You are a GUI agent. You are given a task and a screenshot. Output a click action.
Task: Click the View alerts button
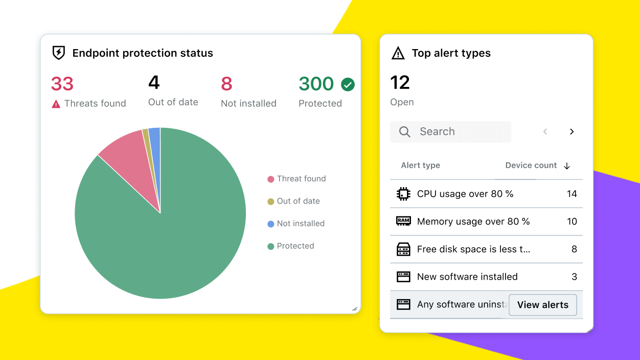click(x=542, y=305)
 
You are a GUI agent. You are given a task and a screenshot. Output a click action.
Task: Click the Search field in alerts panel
click(x=450, y=132)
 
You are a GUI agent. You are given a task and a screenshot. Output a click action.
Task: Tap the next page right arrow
click(x=572, y=132)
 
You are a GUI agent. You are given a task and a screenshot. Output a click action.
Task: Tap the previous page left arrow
click(x=545, y=132)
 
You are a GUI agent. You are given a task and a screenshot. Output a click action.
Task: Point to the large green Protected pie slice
click(x=169, y=235)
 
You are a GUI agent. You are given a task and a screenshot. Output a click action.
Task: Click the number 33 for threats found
click(x=62, y=83)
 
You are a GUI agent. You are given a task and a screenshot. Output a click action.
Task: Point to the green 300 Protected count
click(x=316, y=83)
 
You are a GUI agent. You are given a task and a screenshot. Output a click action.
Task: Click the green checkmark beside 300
click(x=348, y=84)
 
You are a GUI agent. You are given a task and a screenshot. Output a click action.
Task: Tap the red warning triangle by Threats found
click(x=56, y=104)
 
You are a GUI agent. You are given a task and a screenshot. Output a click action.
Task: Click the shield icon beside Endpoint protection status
click(x=59, y=53)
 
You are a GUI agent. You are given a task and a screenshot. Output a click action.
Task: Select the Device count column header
click(x=531, y=166)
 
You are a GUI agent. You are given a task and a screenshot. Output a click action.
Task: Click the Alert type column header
click(x=420, y=166)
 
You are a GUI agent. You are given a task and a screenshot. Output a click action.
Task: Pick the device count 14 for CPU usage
click(x=572, y=194)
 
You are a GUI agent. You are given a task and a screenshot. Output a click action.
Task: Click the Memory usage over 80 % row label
click(x=473, y=221)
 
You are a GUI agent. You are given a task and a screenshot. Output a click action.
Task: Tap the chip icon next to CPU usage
click(x=403, y=194)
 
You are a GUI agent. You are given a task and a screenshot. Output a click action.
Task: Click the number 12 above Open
click(x=400, y=83)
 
